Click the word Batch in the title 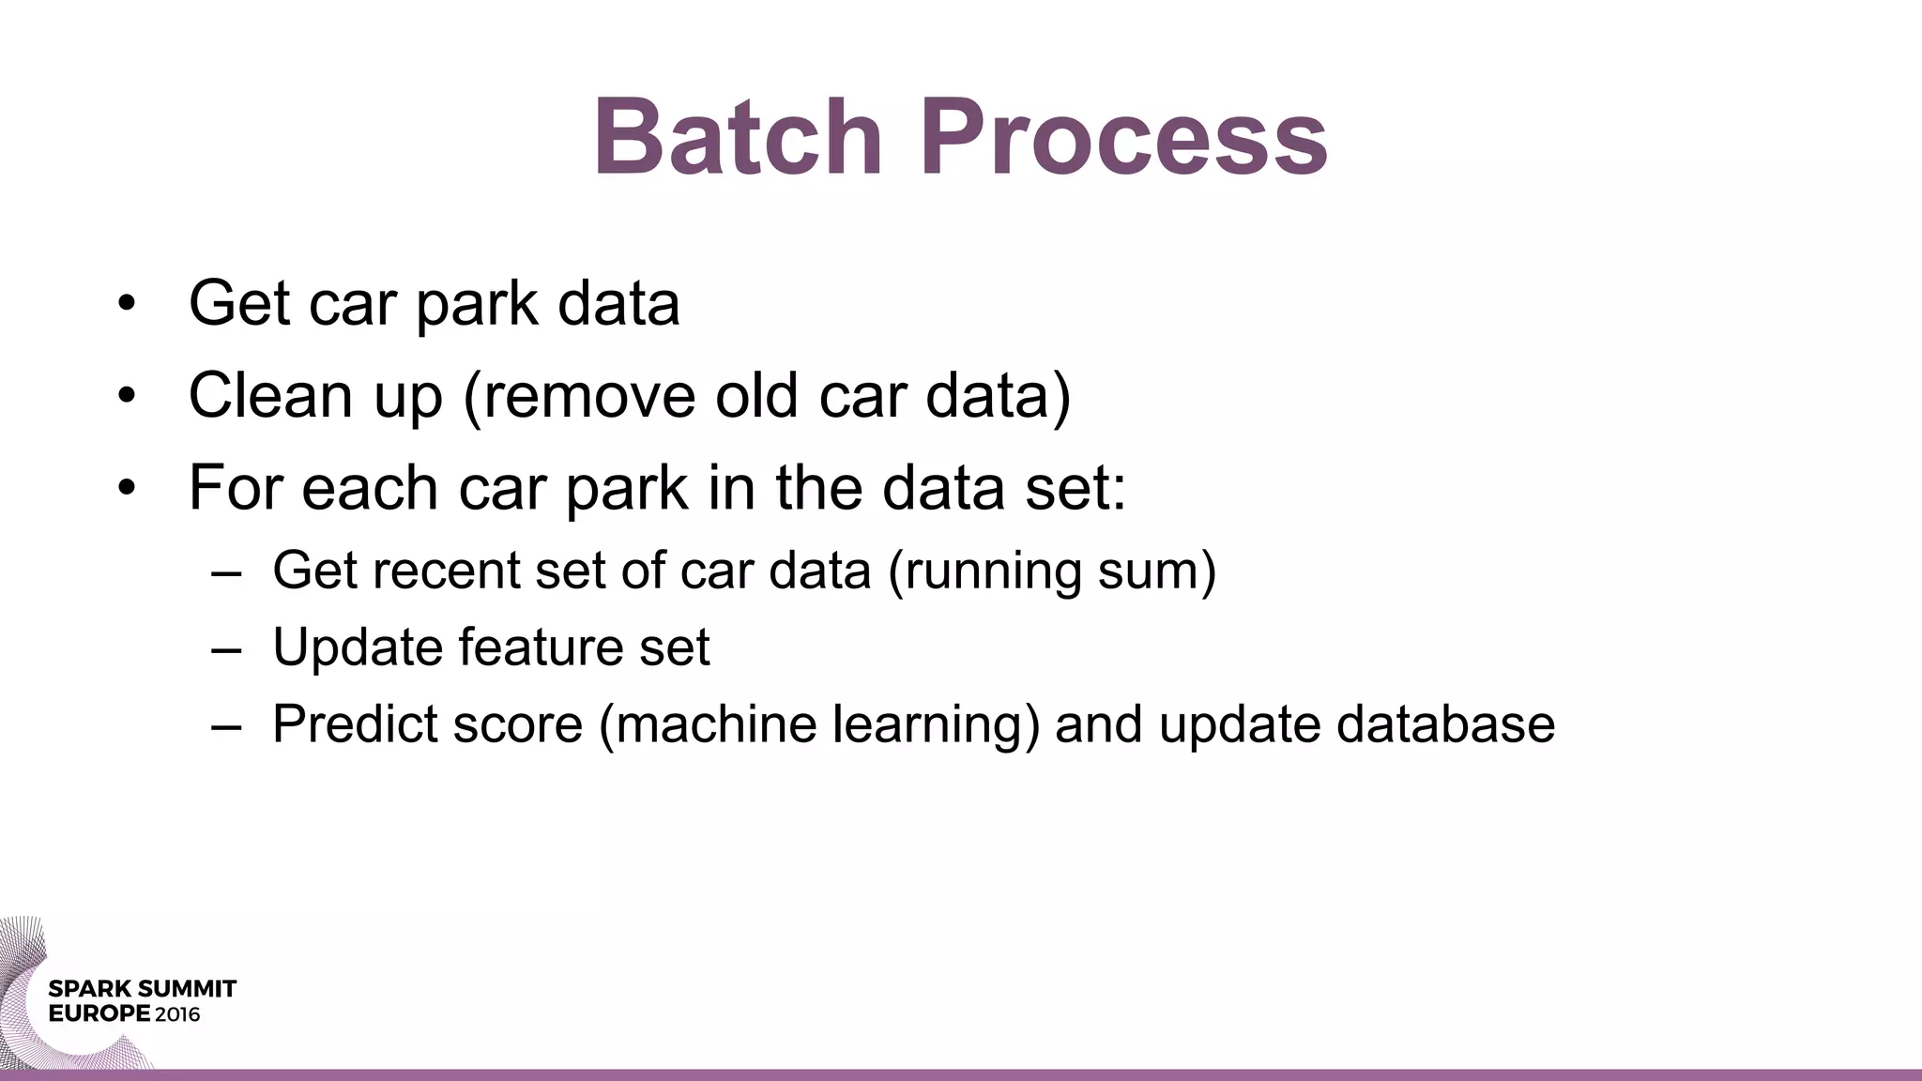(738, 137)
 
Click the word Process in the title (1123, 137)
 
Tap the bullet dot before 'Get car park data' (128, 304)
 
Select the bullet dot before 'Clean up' (128, 396)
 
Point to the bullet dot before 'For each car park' (128, 488)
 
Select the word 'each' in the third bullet (370, 488)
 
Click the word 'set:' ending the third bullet (1075, 488)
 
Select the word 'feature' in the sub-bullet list (541, 647)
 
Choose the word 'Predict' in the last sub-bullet (355, 724)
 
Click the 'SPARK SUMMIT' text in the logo (142, 989)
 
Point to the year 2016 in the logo (178, 1014)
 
